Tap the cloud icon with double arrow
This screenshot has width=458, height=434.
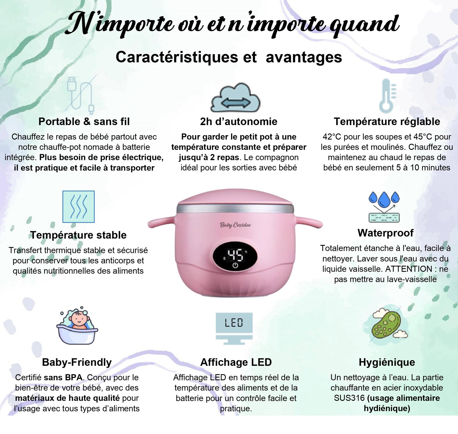(235, 98)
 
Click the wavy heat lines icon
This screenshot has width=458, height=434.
(78, 206)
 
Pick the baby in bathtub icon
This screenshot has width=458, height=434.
(77, 325)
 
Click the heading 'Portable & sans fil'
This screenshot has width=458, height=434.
(84, 121)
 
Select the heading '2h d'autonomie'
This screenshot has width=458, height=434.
(238, 121)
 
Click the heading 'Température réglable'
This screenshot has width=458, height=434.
(387, 121)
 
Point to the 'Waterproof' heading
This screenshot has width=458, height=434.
(386, 233)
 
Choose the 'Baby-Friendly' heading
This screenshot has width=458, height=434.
(77, 362)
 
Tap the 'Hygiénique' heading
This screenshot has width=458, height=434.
(387, 362)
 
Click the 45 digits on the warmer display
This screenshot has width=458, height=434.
(235, 255)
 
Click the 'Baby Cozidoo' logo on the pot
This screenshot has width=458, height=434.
(235, 225)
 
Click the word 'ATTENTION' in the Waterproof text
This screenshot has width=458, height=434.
(409, 269)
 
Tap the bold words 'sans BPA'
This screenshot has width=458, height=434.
(63, 377)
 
